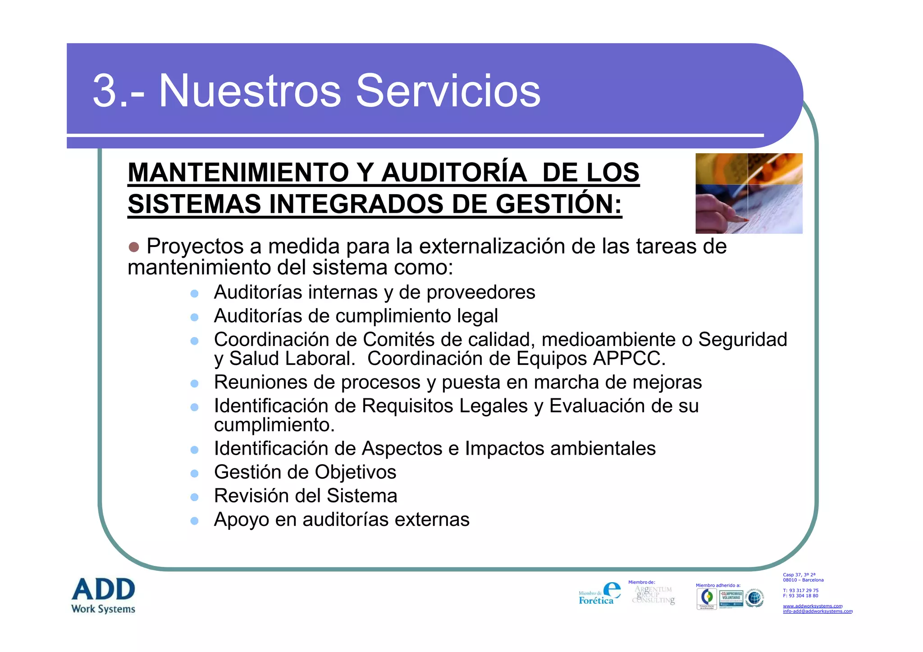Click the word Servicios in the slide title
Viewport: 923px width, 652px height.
(x=448, y=91)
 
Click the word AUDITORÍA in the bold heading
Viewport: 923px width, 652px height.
(x=454, y=173)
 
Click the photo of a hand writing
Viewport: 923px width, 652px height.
(x=749, y=193)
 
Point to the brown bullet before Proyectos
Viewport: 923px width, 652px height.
(x=134, y=247)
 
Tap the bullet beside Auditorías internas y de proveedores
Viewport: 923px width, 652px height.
(x=195, y=294)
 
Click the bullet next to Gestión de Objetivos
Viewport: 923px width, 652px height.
(x=195, y=474)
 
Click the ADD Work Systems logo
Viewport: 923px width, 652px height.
(x=103, y=595)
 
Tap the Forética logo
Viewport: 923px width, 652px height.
(x=599, y=594)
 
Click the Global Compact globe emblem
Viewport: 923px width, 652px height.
(x=754, y=598)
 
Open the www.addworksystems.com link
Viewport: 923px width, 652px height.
(x=812, y=606)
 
